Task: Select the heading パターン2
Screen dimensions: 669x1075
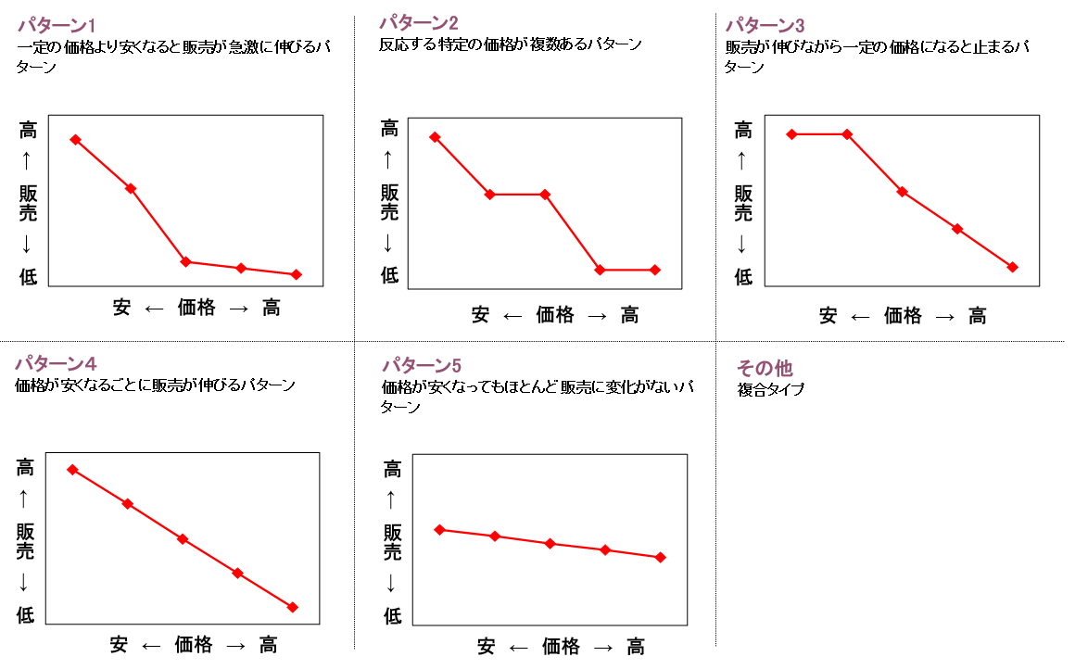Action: [x=419, y=22]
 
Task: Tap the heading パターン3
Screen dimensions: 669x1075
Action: [x=765, y=24]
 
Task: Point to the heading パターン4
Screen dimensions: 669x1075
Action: [x=56, y=363]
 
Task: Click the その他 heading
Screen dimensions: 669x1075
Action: [x=765, y=368]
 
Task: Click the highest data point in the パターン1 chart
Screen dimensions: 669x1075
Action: [x=75, y=140]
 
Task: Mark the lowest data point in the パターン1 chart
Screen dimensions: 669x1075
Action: [x=297, y=274]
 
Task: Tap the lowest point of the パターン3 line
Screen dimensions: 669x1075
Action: [x=1013, y=267]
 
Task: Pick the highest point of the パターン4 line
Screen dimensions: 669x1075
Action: [x=72, y=470]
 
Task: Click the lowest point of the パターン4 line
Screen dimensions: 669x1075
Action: [x=293, y=607]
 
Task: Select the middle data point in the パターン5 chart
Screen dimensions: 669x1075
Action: [x=550, y=543]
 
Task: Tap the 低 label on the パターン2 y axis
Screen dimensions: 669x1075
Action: [x=389, y=274]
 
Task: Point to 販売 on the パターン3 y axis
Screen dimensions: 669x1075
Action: [x=743, y=203]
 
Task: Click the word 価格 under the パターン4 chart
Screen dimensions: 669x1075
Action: [x=193, y=644]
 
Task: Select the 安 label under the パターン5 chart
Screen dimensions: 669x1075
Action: [x=487, y=647]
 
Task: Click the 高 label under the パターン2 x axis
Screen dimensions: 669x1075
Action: [x=629, y=315]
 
